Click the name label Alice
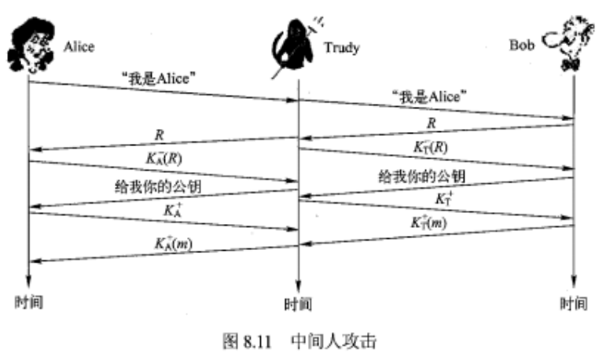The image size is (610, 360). [79, 47]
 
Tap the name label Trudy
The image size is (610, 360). [340, 48]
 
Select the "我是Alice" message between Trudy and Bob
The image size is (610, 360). [428, 97]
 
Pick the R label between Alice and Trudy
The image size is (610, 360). [160, 135]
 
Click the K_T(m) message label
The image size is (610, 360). [430, 222]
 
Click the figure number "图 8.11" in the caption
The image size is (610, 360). [243, 342]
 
